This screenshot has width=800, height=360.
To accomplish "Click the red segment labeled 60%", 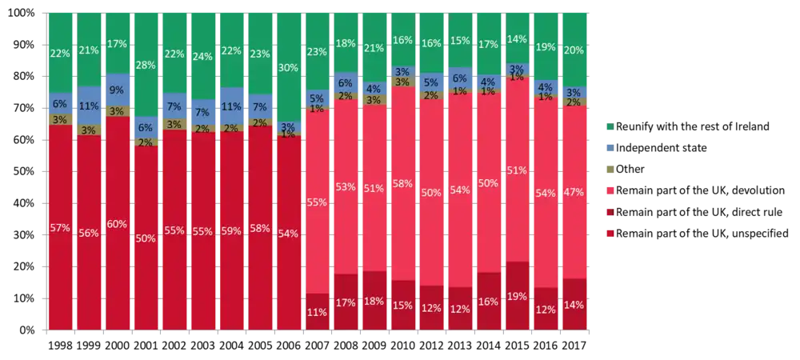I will [117, 223].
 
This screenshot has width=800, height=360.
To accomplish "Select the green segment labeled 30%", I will [289, 67].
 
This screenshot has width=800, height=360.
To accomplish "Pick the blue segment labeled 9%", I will [117, 90].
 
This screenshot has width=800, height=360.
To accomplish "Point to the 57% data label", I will [60, 228].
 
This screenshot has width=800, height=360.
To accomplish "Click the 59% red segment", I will [231, 230].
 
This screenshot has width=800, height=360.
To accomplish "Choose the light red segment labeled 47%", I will [574, 192].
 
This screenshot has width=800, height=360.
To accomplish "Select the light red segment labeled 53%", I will [346, 187].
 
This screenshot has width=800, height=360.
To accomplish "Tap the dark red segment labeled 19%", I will [517, 295].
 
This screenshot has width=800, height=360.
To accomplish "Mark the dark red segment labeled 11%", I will [317, 311].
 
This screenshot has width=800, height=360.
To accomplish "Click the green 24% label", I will [202, 57].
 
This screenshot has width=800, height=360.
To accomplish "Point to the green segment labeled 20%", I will [574, 50].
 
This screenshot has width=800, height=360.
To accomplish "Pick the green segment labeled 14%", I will [517, 38].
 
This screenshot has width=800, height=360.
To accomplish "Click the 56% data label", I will [88, 233].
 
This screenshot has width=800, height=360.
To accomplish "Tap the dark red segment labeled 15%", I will [402, 305].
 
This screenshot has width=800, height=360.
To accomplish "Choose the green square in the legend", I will [609, 127].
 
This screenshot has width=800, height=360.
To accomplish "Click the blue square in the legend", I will [609, 148].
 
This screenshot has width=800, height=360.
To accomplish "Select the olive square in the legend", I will [609, 170].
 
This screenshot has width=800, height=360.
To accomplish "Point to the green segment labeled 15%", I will [460, 41].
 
